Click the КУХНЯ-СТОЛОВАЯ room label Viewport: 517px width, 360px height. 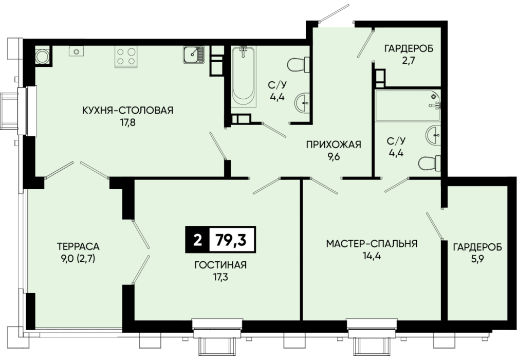127,110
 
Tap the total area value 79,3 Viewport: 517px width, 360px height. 231,240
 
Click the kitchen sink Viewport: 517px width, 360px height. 194,55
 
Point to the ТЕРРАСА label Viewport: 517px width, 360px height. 78,246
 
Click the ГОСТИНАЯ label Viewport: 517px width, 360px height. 220,265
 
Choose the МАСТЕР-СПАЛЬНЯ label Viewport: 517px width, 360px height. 372,244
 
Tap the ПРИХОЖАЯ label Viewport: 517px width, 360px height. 334,144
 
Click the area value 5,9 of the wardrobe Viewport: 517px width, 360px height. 477,259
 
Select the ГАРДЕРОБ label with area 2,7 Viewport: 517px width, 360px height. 409,48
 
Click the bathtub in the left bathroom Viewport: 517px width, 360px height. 244,76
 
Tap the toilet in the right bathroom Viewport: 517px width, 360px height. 430,164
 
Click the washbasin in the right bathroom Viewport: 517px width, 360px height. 433,135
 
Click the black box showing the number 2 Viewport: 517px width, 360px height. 197,240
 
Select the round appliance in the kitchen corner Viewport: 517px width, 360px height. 43,56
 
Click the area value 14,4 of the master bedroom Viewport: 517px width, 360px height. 372,256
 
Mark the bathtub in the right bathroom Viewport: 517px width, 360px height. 408,105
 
